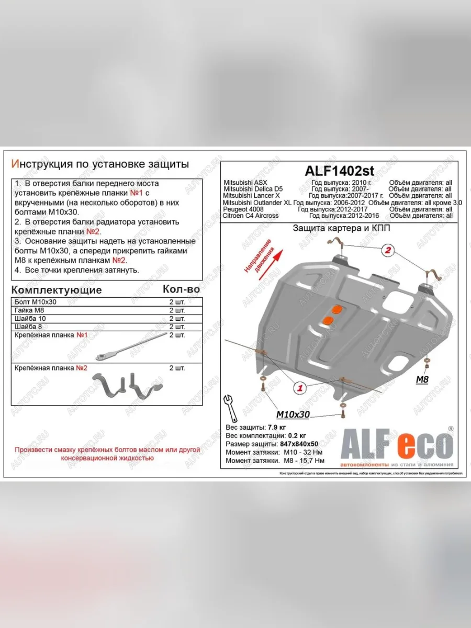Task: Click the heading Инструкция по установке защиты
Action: [x=100, y=164]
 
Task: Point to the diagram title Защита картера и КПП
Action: [x=341, y=229]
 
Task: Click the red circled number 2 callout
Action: [x=388, y=250]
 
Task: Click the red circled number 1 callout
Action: [x=300, y=388]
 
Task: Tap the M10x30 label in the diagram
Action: [x=293, y=414]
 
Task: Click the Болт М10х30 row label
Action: [x=36, y=302]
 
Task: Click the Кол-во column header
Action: [x=181, y=289]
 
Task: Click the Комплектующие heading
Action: [x=57, y=290]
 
